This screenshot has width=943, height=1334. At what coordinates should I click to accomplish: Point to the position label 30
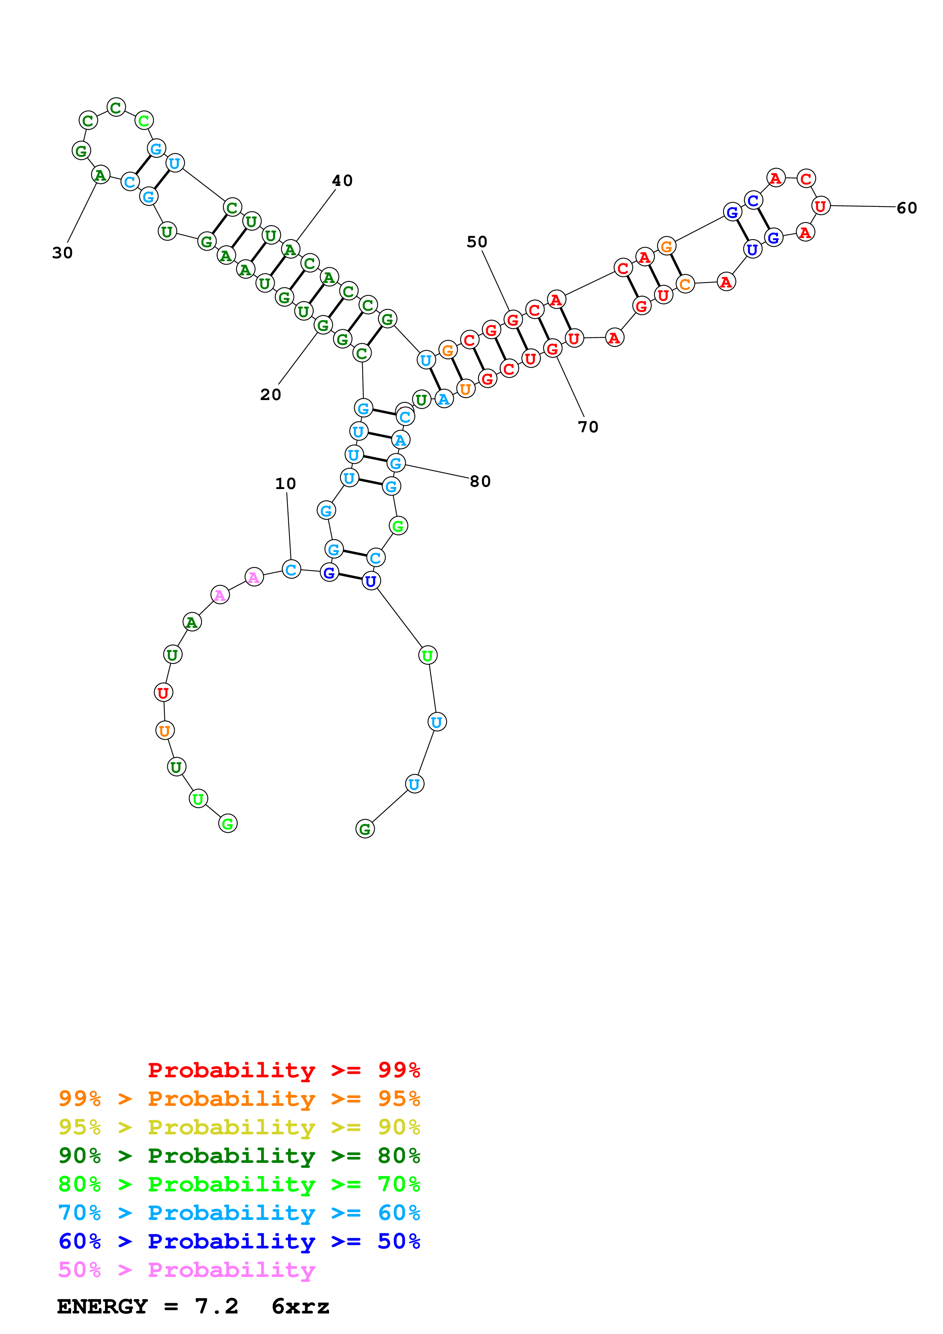coord(62,253)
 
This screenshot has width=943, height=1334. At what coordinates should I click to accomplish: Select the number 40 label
coord(342,181)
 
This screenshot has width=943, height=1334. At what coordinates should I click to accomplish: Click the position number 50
coord(477,242)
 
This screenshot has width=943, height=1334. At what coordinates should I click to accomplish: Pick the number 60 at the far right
coord(906,208)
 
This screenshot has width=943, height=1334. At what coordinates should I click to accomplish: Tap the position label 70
coord(588,427)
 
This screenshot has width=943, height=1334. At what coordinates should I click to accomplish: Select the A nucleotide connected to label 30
coord(100,175)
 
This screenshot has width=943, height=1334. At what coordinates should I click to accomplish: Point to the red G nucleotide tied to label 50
coord(512,319)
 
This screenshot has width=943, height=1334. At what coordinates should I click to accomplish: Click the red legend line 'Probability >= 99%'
coord(283,1070)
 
